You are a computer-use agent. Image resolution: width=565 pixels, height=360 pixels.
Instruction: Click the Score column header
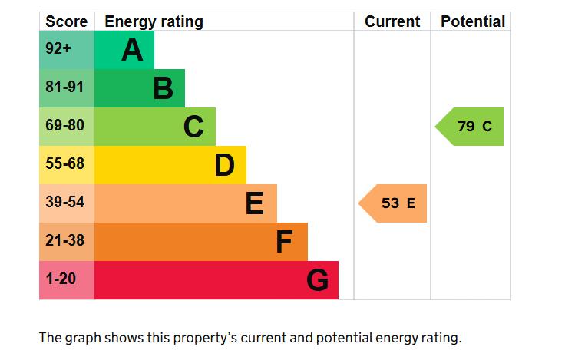point(67,21)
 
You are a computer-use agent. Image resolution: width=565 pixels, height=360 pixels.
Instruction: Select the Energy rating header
point(154,22)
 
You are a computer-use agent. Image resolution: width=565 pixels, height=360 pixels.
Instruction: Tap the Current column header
point(392,21)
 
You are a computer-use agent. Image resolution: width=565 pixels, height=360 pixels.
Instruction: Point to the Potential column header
point(473,21)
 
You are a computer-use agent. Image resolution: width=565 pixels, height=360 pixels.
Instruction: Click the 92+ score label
point(58,48)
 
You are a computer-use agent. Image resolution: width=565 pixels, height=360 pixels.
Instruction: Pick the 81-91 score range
point(64,87)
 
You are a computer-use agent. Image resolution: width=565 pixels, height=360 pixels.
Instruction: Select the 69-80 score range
point(64,125)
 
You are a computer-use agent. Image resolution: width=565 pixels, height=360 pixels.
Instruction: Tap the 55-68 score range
point(64,163)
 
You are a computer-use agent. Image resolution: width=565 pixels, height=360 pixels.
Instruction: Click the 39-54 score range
point(64,202)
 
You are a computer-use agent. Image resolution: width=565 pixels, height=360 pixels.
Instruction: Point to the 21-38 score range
point(64,240)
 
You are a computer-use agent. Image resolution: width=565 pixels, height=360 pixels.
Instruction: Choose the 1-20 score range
point(61,279)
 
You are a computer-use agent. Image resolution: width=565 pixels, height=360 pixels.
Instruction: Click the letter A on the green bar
point(132,50)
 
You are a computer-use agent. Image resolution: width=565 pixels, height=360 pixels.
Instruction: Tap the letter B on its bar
point(164,88)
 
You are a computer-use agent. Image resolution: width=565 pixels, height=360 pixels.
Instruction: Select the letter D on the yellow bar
point(224,165)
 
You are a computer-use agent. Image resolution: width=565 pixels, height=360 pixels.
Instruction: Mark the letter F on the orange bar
point(284,242)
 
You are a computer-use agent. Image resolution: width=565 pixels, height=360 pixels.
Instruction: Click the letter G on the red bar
point(318,280)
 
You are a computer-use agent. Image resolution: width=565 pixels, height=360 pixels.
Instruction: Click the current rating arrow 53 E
point(392,203)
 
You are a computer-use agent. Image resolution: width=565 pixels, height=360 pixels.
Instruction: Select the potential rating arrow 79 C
point(469,127)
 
